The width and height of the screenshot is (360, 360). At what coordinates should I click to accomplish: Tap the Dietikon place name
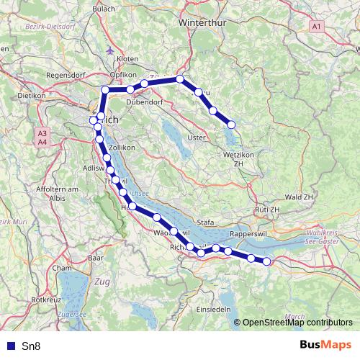pos(32,95)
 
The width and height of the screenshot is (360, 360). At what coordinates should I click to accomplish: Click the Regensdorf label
pos(66,75)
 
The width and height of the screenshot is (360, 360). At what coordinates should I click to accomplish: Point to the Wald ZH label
pos(299,197)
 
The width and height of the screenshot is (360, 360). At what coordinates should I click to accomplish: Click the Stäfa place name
pos(206,223)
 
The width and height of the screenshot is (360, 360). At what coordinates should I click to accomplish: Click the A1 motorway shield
pos(318,26)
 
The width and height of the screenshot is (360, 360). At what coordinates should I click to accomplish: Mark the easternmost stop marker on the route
pos(267,261)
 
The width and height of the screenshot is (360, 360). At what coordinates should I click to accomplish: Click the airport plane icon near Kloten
pos(108,51)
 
